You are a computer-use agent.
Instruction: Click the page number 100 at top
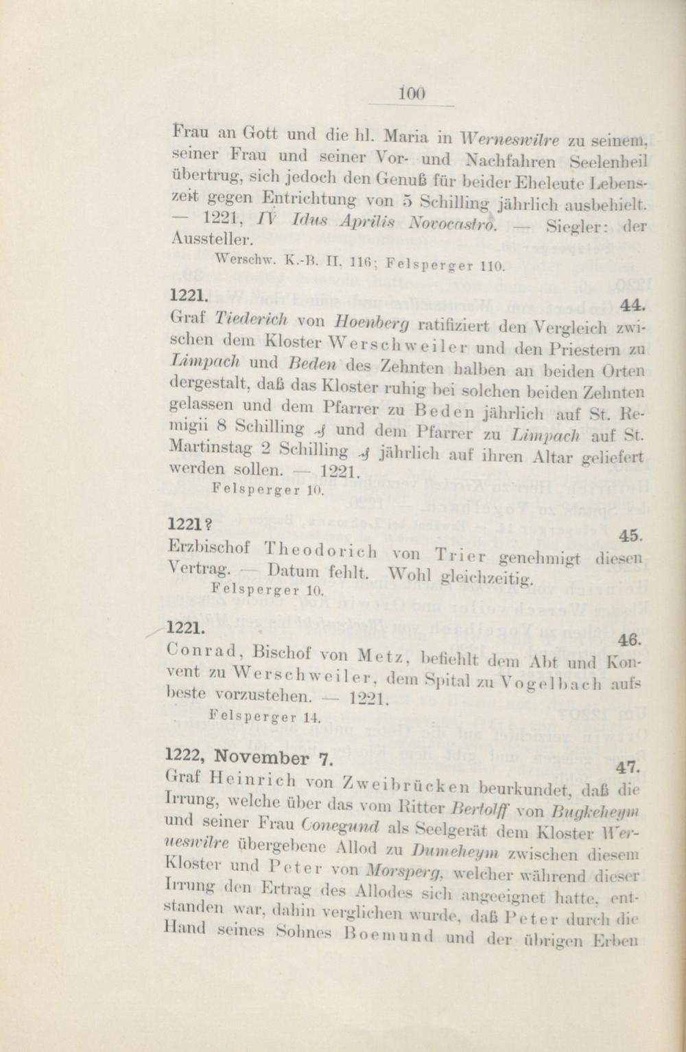[412, 92]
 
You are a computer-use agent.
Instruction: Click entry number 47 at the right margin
[628, 767]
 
